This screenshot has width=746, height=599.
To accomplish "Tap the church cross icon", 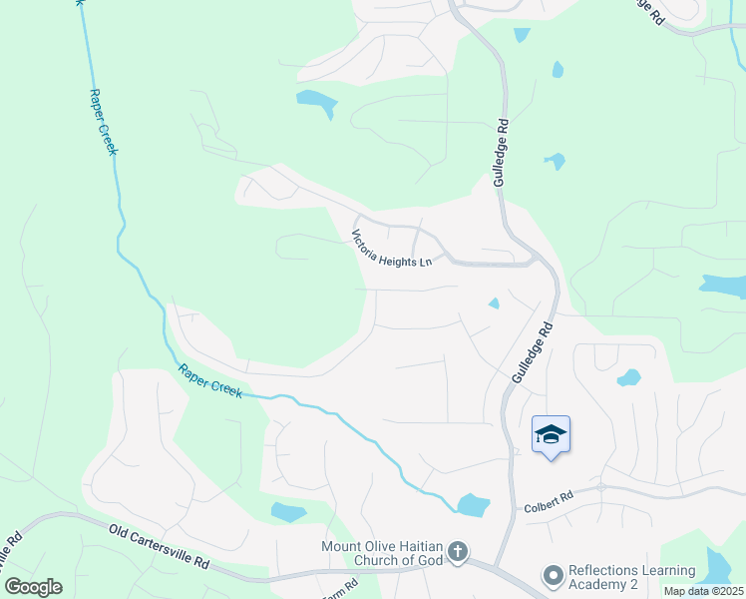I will coord(457,552).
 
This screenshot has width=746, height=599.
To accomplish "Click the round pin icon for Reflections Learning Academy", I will coord(552,576).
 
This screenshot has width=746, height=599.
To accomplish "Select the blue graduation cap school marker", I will coord(551,435).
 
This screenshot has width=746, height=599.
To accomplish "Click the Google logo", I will coord(33,587).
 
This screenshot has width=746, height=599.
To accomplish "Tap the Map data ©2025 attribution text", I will coord(703,591).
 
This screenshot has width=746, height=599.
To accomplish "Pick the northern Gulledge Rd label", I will coord(502,154).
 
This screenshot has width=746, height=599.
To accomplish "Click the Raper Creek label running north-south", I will coord(103,121).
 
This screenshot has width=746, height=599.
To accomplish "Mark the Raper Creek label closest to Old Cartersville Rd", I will coord(210,381).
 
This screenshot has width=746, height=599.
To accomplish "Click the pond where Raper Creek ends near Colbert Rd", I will coord(472,505).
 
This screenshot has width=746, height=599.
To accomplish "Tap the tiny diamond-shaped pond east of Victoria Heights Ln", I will coord(493,303).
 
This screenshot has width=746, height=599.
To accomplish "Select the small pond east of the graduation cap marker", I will coord(628,377).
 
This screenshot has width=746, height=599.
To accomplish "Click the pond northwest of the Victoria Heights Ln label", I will coord(316,101).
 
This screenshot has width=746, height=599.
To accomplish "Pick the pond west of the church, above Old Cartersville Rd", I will coord(288,512).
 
